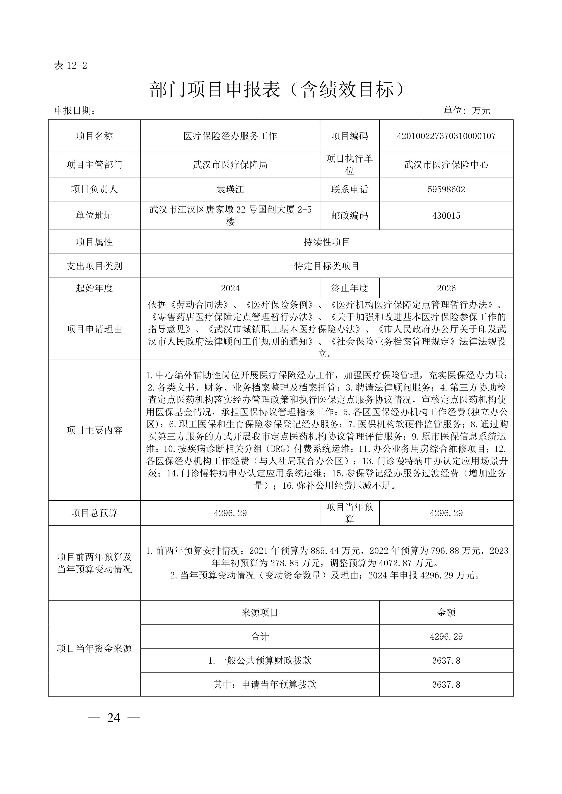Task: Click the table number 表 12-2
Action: [70, 65]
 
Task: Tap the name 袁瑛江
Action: [230, 189]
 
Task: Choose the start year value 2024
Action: [230, 288]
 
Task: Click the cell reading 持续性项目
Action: [327, 242]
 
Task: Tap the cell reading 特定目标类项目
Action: [327, 266]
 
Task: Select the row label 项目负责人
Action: [94, 189]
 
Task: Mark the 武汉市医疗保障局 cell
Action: [230, 165]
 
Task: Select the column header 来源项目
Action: [260, 612]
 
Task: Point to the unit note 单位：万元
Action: [467, 111]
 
